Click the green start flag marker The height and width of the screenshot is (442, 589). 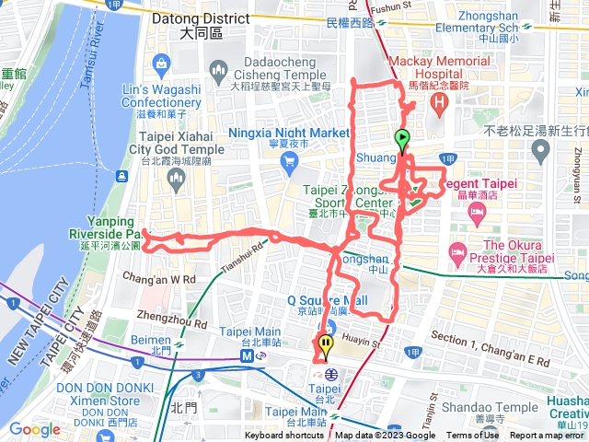coord(402,140)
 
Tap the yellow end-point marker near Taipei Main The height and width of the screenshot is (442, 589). coord(326,346)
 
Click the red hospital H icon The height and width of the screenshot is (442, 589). coord(441,100)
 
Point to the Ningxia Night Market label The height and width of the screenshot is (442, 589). coord(290,133)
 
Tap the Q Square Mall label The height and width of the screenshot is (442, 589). coord(327,300)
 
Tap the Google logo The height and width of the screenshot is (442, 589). coord(34,429)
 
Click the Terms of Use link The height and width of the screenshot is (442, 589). coord(472,436)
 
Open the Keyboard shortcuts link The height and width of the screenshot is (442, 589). coord(284,436)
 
